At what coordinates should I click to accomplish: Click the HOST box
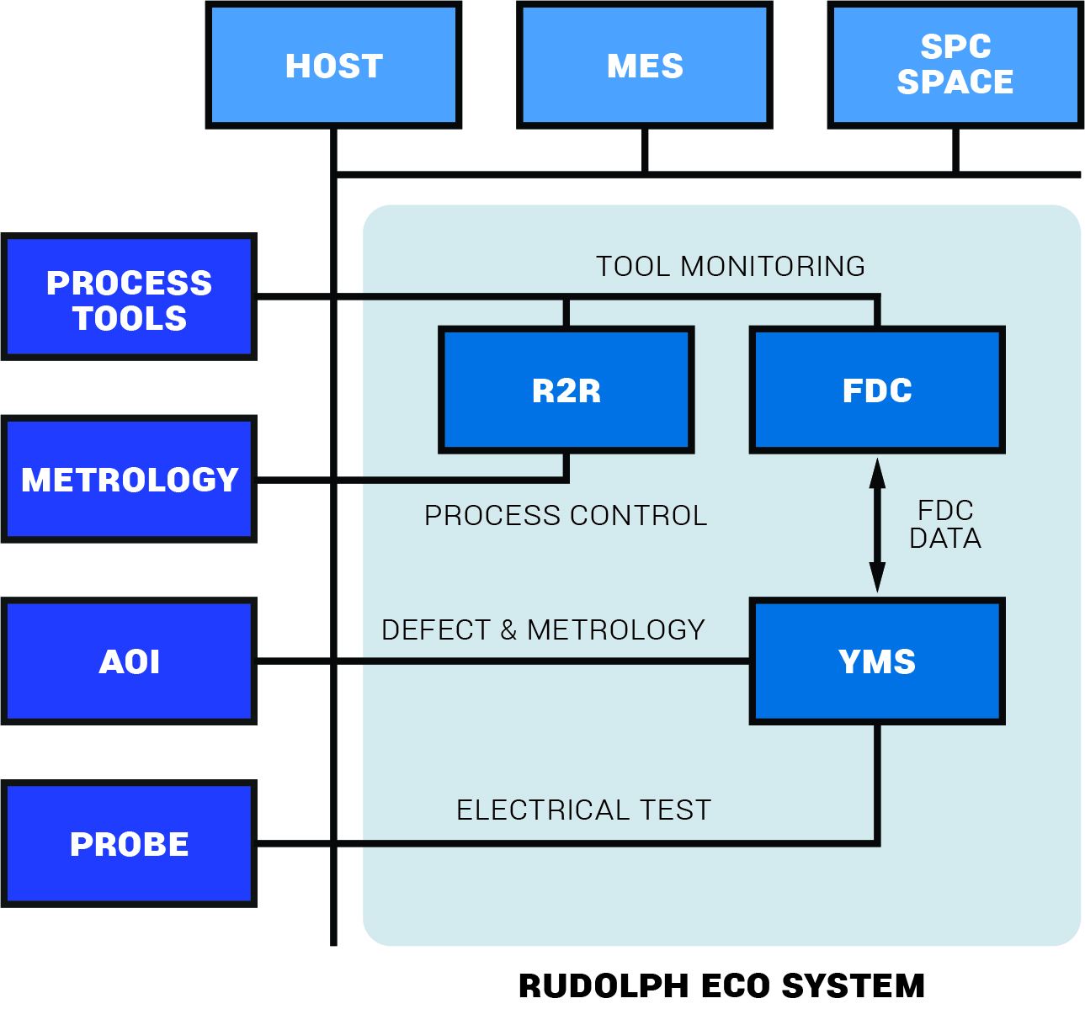click(333, 65)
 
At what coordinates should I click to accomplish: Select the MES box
click(645, 65)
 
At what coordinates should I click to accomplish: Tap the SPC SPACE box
click(955, 65)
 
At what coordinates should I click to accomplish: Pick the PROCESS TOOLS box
click(129, 297)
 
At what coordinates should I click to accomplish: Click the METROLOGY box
click(129, 479)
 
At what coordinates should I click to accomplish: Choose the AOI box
click(129, 661)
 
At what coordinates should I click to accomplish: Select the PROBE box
click(129, 843)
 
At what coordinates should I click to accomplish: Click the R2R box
click(566, 390)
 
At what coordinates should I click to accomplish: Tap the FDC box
click(877, 390)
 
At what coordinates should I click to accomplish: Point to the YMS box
click(877, 661)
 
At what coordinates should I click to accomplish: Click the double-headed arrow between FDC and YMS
click(877, 525)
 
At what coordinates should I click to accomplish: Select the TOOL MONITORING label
click(730, 267)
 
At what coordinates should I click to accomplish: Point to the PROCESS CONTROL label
click(566, 515)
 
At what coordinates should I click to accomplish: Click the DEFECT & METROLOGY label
click(543, 629)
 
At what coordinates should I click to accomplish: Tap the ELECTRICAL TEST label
click(583, 810)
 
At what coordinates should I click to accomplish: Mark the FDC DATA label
click(945, 524)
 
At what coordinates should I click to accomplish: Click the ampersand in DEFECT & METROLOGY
click(508, 629)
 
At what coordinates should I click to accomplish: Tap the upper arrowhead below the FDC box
click(877, 473)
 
